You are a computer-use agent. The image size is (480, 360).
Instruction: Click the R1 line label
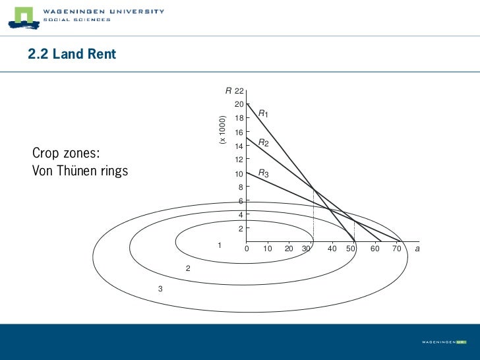262,114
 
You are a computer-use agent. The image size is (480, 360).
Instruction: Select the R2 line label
262,142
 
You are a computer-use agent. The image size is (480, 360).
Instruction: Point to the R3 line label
263,173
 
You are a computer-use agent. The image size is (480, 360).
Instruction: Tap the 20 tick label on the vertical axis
239,105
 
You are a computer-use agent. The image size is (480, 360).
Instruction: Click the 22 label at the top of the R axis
239,90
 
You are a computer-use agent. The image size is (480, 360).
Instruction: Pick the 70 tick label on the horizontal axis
396,249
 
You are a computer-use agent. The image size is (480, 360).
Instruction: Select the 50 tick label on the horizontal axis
351,249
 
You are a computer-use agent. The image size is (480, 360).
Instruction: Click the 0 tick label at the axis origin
247,249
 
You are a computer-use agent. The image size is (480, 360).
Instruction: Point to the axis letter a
418,249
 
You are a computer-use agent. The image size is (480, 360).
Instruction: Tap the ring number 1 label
220,245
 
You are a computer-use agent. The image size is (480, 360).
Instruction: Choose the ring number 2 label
188,269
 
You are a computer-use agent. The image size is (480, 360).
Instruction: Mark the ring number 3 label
160,289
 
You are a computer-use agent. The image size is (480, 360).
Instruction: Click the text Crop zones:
66,154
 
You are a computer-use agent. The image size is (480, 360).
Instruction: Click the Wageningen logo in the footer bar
444,342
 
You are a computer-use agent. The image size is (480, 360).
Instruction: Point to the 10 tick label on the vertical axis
239,174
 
